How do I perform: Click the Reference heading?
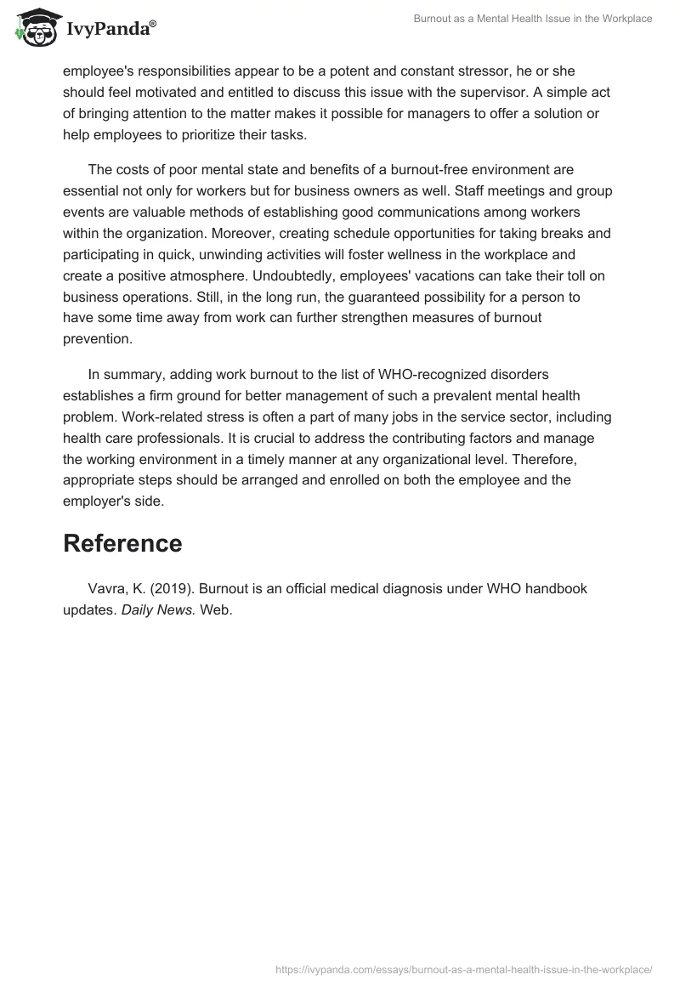click(x=122, y=544)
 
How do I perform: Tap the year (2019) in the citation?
click(x=173, y=588)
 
